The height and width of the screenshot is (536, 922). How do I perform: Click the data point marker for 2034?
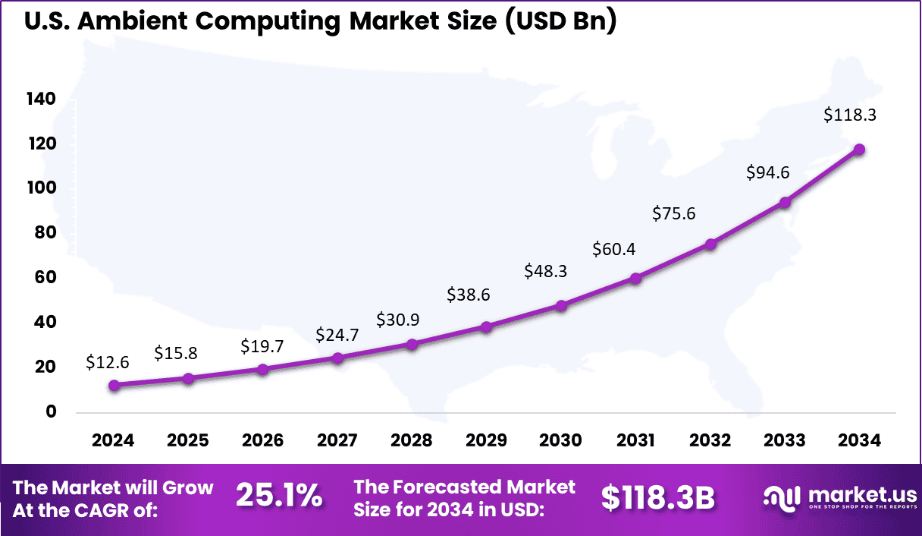pos(859,150)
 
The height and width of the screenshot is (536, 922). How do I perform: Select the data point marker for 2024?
pos(114,386)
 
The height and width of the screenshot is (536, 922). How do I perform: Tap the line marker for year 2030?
pos(561,306)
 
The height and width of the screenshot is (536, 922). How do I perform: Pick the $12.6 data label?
pos(108,362)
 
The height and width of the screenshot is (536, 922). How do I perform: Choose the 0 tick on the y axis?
pos(51,412)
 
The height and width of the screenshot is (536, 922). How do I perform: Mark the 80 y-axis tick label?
pos(45,233)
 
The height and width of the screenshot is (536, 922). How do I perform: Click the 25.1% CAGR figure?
pos(279,497)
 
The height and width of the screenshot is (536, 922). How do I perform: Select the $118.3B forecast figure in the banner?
pos(658,497)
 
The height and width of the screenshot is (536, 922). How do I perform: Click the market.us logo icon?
pos(781,498)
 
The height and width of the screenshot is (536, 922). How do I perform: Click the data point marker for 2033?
pos(785,203)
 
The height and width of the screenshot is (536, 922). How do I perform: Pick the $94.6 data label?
pos(768,172)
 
